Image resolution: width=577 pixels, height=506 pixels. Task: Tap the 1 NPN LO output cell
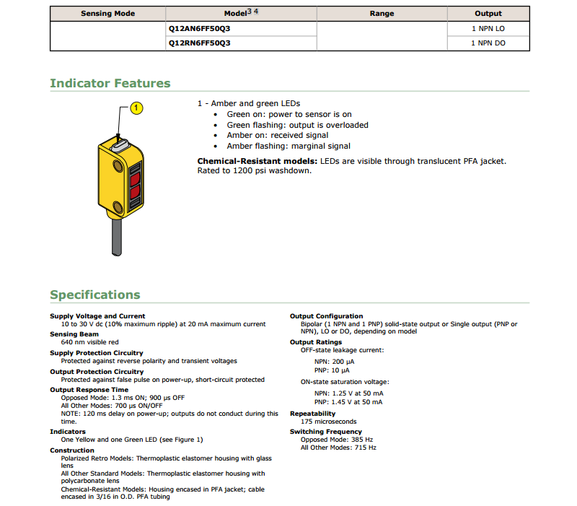pyautogui.click(x=488, y=30)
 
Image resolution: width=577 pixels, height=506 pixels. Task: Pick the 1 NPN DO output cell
pyautogui.click(x=488, y=43)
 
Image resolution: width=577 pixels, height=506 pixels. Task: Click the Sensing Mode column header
pyautogui.click(x=107, y=14)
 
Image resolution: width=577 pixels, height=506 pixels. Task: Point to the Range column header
pyautogui.click(x=382, y=14)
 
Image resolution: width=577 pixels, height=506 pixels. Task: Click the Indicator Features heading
pyautogui.click(x=110, y=83)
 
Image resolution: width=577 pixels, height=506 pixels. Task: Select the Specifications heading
pyautogui.click(x=95, y=295)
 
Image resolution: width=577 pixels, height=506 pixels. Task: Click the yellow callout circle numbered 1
pyautogui.click(x=136, y=108)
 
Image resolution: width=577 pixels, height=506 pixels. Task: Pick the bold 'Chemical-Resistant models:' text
pyautogui.click(x=257, y=160)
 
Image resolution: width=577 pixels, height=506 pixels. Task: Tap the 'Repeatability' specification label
pyautogui.click(x=313, y=414)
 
